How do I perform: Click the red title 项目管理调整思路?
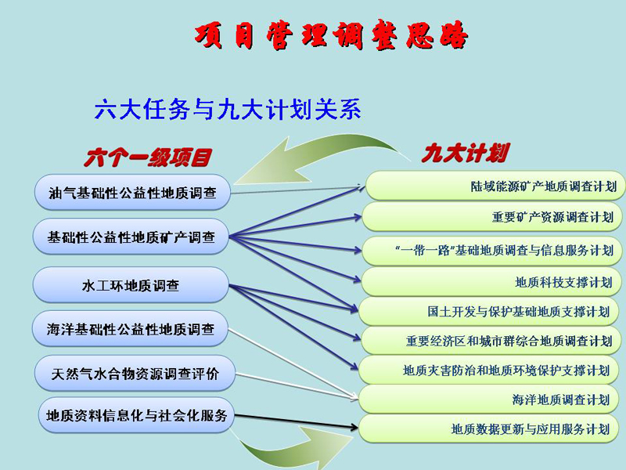click(331, 34)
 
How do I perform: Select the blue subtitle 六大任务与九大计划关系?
click(228, 109)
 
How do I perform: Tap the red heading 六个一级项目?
click(147, 157)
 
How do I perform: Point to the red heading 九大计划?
click(465, 153)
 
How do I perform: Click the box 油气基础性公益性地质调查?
click(132, 192)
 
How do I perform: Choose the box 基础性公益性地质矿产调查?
click(131, 237)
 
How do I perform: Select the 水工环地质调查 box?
click(131, 285)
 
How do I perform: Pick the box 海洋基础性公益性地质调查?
click(130, 329)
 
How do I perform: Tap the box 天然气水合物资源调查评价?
click(135, 374)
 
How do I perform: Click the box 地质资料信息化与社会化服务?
click(136, 415)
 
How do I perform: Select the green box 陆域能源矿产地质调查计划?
click(495, 186)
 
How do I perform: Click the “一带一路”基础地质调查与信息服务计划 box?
click(492, 251)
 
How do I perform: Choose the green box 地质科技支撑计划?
click(491, 282)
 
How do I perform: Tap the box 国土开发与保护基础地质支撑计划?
click(490, 311)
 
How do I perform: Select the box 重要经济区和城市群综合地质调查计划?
click(491, 341)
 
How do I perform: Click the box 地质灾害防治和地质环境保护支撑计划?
click(490, 370)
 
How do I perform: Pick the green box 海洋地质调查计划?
click(490, 399)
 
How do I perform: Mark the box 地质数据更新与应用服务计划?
click(490, 428)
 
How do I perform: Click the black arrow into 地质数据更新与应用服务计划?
click(297, 421)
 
